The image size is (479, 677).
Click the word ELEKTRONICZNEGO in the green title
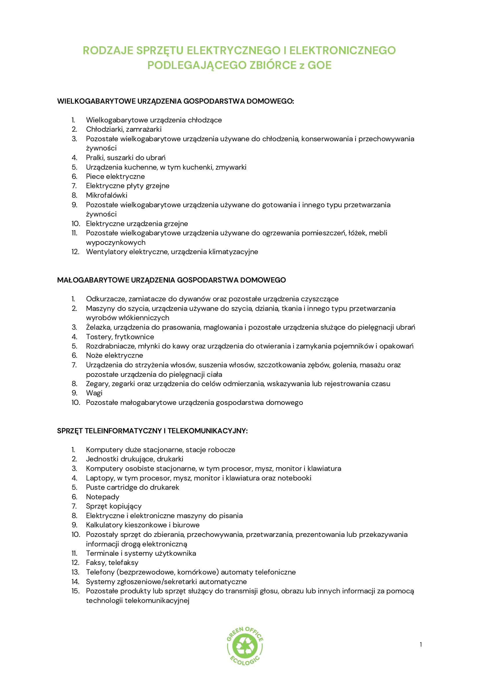(342, 50)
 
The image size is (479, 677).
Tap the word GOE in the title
(319, 65)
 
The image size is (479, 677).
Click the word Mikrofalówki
(107, 195)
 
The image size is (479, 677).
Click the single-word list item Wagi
(94, 393)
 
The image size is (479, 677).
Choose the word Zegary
(97, 384)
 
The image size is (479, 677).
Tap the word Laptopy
(99, 478)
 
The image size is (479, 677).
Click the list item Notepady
(102, 497)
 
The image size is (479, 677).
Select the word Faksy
(95, 563)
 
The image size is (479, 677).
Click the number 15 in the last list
(76, 591)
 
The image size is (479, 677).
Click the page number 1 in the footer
(420, 645)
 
